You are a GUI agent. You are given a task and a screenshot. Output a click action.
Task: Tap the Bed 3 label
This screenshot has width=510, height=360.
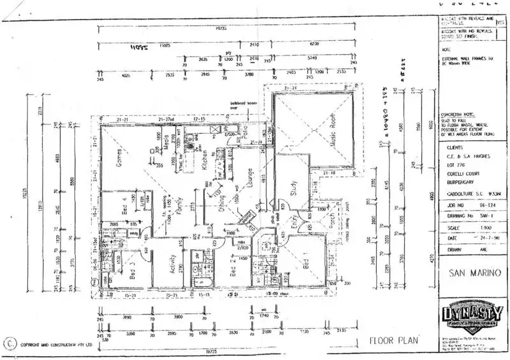(134, 271)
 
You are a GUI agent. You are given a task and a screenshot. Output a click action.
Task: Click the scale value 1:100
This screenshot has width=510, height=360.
(472, 227)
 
